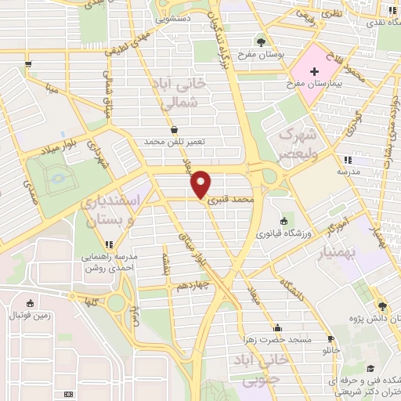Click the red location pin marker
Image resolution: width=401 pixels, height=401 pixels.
[201, 184]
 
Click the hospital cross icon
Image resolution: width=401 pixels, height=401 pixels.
[314, 71]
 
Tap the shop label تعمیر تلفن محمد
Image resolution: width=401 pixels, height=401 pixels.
[174, 141]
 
